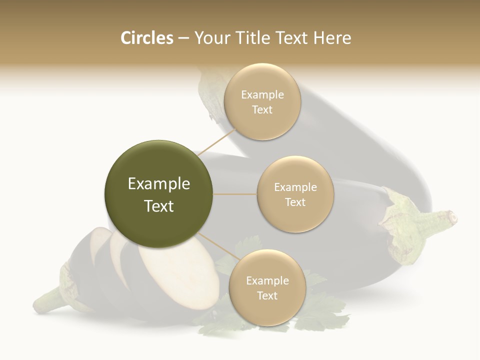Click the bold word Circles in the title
146,38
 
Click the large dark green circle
159,194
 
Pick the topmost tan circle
262,101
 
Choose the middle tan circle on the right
295,194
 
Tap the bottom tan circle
267,287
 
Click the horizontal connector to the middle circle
235,194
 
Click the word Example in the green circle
159,184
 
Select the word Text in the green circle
159,206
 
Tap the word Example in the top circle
262,94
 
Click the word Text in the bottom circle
267,295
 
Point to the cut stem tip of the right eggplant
452,217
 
